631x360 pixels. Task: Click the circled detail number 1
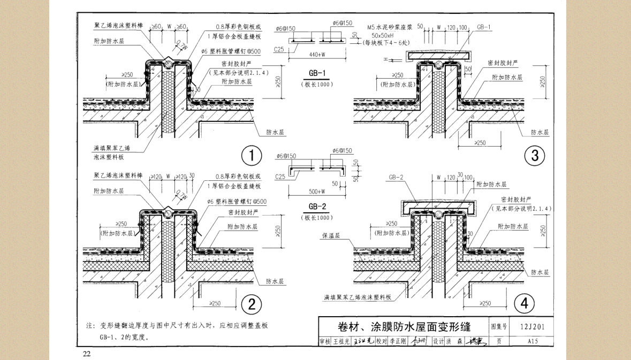click(x=251, y=156)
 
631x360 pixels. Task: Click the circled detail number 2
click(x=251, y=304)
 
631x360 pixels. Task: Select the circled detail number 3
click(x=534, y=156)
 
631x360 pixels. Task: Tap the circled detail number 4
click(x=524, y=304)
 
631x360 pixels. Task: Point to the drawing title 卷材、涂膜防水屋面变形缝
click(x=404, y=326)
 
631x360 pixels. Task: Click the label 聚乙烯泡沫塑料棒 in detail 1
click(x=118, y=26)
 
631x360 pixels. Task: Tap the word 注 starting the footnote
click(x=89, y=325)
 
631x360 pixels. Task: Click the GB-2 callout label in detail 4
click(x=396, y=178)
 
